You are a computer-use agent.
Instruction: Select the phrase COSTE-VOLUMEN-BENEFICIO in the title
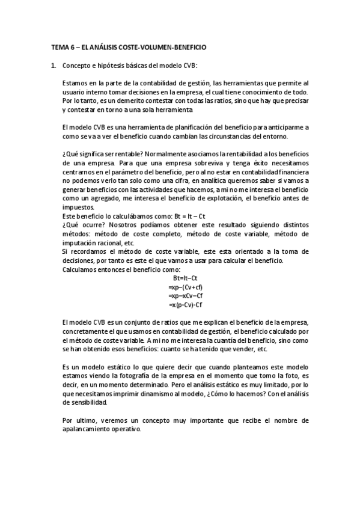(168, 46)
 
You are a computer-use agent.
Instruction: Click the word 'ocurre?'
(95, 224)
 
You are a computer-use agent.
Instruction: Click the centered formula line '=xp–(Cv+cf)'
(186, 287)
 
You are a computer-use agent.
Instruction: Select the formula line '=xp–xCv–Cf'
(186, 296)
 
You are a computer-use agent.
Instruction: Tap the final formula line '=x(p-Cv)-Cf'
(186, 306)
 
